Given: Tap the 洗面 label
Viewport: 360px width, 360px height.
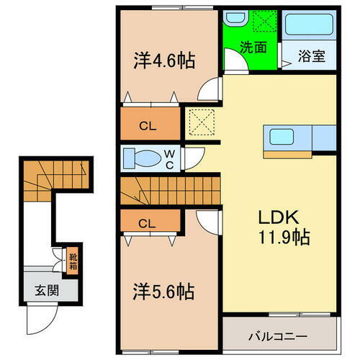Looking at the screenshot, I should [252, 50].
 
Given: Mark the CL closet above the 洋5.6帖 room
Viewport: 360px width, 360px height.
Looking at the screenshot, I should [148, 222].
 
